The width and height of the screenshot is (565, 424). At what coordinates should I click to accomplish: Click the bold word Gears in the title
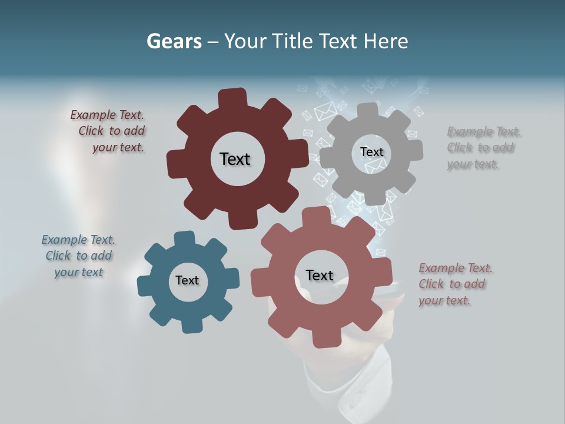coord(174,41)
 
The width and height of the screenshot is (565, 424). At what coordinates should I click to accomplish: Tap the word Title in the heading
coord(293,41)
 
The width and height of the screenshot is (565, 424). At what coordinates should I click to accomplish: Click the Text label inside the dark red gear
coord(235,159)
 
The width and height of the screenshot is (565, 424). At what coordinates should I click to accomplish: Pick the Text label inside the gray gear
coord(371,152)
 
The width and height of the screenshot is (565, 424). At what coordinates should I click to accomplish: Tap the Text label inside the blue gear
coord(187,280)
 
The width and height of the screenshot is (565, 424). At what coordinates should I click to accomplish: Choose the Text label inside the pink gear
coord(320,275)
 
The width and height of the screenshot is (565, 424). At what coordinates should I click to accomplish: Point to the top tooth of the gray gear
coord(368,111)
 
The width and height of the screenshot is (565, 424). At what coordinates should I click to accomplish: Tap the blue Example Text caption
coord(78,256)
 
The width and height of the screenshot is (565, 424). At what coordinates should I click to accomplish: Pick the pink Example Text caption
coord(454,284)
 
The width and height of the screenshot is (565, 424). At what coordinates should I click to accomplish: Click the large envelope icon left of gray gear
coord(324,111)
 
